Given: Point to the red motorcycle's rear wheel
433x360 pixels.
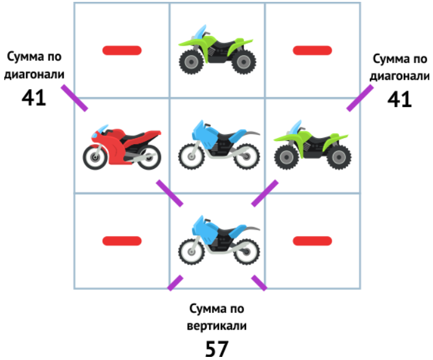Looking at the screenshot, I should coord(147,157).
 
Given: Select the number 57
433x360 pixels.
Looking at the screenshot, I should coord(216,348).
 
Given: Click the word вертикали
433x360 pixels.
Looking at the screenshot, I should coord(216,325).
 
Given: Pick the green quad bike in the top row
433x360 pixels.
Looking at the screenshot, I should coord(217,49).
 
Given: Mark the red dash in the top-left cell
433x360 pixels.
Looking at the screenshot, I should coord(122,50).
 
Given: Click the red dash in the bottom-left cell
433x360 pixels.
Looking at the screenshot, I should coord(122,241).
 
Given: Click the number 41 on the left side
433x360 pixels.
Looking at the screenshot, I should coord(33,98).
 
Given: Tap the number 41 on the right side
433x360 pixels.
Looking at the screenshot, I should coord(400,99).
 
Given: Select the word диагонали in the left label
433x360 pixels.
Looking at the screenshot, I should coord(35,75).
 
